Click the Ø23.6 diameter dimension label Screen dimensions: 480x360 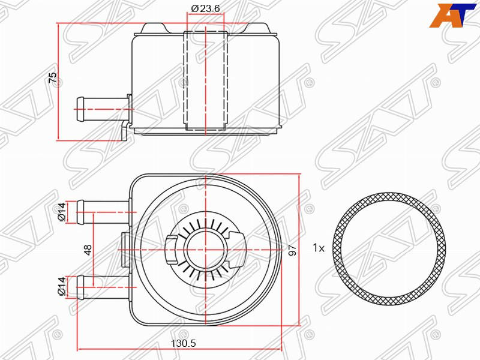[x=205, y=8]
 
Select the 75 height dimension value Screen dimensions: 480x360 [x=53, y=77]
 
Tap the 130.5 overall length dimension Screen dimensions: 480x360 [x=183, y=343]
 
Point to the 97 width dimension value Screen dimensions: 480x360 [x=293, y=250]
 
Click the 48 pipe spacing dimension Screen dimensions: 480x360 [x=88, y=250]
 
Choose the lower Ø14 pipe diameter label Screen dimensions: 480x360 [x=62, y=286]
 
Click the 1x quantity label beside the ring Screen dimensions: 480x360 [x=319, y=248]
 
